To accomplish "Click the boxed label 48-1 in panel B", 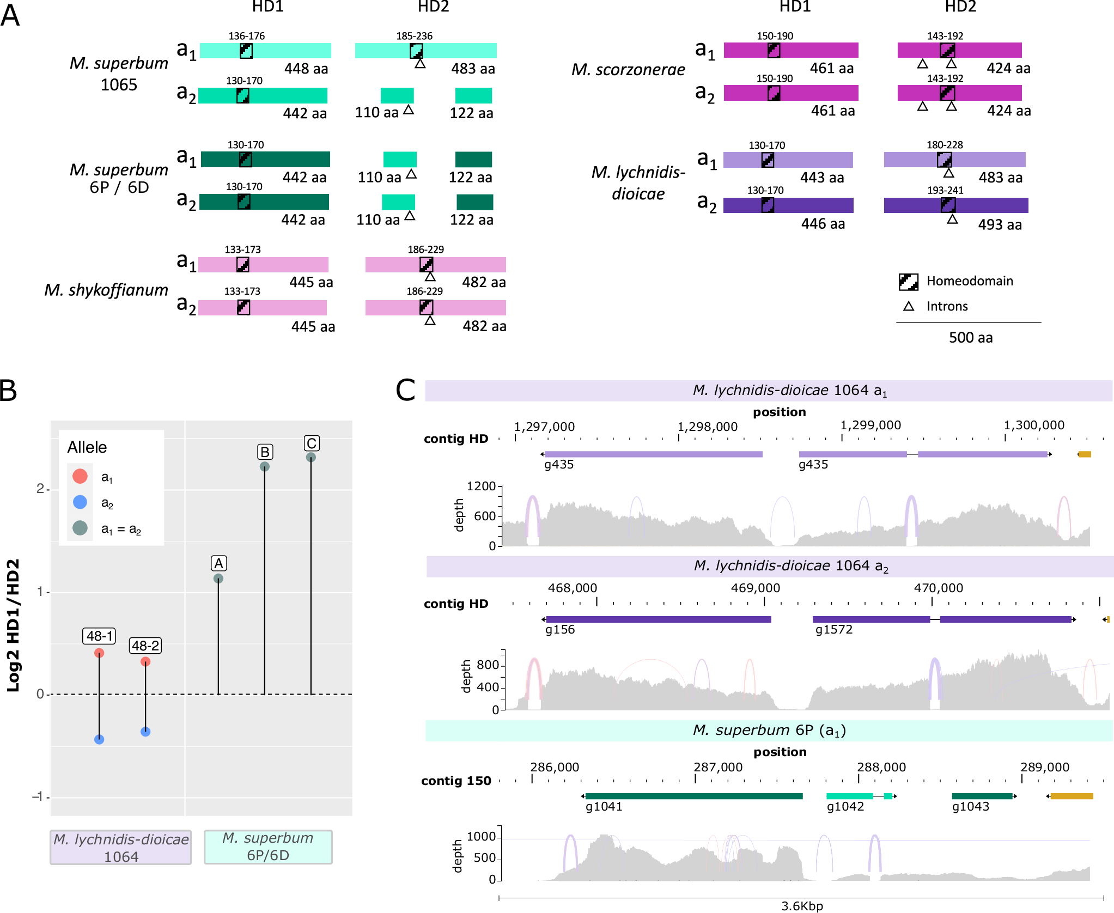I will click(100, 636).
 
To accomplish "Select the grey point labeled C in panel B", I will click(311, 458).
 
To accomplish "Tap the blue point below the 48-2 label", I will click(145, 732).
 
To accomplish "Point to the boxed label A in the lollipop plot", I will click(218, 563).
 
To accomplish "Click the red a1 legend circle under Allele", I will click(80, 476).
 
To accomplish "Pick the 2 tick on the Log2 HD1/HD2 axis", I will click(40, 489).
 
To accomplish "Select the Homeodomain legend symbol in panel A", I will click(908, 282).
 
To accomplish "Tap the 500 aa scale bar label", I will click(970, 338).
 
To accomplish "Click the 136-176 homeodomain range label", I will click(246, 36).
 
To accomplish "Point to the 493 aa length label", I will click(999, 224).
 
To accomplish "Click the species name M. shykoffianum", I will click(106, 290).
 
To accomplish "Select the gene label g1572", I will click(833, 630).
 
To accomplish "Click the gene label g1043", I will click(970, 806).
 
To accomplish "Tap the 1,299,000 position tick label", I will click(870, 425).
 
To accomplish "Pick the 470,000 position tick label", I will click(938, 588).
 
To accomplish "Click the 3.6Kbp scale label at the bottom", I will click(802, 906).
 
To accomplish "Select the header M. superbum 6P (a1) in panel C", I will click(769, 731).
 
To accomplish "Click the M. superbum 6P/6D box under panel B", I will click(268, 847).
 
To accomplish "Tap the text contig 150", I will click(456, 781).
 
